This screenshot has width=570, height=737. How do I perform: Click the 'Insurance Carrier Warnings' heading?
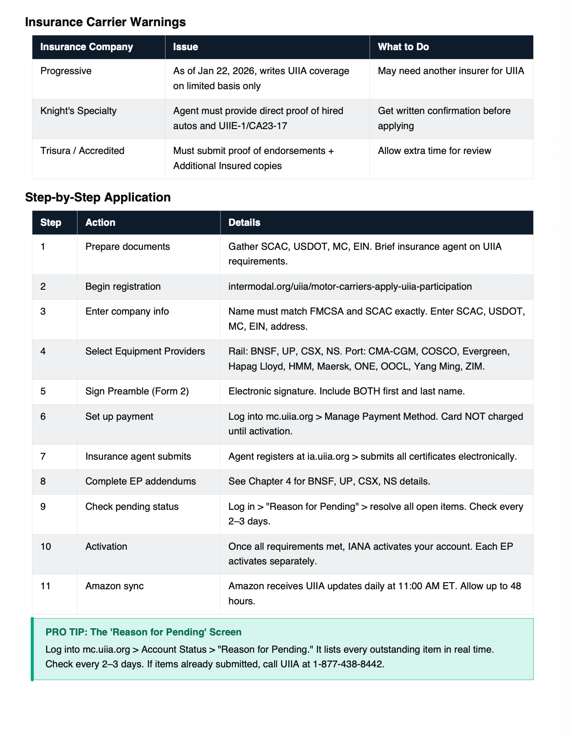coord(105,22)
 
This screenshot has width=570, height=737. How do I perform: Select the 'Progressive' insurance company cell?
coord(66,71)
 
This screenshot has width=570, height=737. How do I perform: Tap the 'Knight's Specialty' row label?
coord(78,111)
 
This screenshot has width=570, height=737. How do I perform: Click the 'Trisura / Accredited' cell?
coord(82,151)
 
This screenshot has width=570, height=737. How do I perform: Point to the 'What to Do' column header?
coord(403,47)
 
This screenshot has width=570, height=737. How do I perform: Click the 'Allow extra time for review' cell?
coord(434,151)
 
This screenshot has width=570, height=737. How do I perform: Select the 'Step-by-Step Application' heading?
coord(98,197)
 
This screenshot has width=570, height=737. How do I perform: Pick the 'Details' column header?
coord(244,223)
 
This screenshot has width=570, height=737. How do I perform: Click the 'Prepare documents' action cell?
coord(127,247)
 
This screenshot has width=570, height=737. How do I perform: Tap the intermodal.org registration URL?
coord(350,287)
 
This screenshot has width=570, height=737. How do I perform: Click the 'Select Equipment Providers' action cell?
coord(145,351)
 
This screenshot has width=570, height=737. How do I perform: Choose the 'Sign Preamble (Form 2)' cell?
coord(137,391)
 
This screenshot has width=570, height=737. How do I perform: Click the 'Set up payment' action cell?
coord(119,417)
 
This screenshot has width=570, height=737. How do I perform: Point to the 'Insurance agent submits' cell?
coord(138,457)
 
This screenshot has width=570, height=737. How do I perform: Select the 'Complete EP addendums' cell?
coord(140,481)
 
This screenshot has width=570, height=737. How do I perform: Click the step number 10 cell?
coord(46,547)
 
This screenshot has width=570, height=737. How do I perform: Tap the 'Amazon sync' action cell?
coord(114,586)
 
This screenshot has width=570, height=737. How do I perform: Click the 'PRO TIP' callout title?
coord(143,632)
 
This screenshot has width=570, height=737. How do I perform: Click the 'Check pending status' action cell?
coord(132,507)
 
